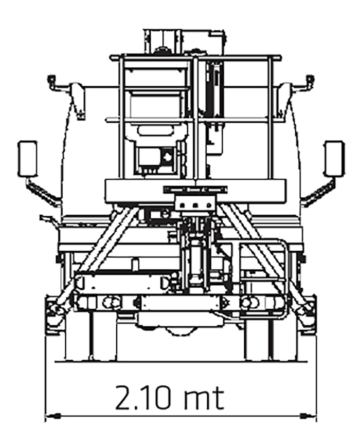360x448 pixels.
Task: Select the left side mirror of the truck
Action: coord(27,159)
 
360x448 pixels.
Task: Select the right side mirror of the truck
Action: coord(334,159)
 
